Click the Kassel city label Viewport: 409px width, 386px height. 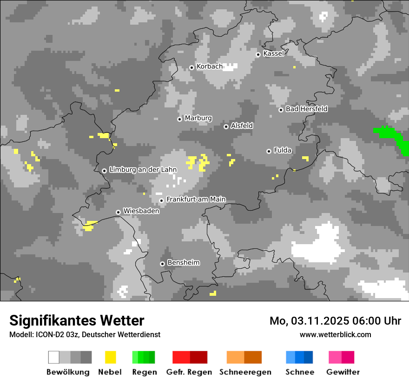[273, 53]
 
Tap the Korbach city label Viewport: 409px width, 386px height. [210, 67]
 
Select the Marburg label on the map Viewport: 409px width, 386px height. [198, 118]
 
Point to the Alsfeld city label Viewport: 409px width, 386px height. [242, 126]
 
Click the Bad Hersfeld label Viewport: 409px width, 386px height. [306, 109]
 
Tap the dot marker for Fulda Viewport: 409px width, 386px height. [269, 151]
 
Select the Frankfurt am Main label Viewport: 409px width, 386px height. [196, 200]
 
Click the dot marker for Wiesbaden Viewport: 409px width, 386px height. [119, 212]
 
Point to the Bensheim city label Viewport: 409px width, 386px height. [183, 263]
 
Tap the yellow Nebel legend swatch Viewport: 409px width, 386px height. [110, 357]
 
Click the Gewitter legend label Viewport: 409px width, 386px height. [343, 372]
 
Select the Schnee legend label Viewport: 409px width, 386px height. [300, 372]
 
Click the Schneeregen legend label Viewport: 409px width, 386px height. [245, 372]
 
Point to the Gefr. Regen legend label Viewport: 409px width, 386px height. [189, 372]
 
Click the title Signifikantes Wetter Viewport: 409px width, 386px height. [77, 320]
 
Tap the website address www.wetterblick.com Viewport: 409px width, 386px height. [336, 334]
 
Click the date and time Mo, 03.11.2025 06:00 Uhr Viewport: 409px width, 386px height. [335, 321]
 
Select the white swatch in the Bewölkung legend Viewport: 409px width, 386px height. [54, 357]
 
